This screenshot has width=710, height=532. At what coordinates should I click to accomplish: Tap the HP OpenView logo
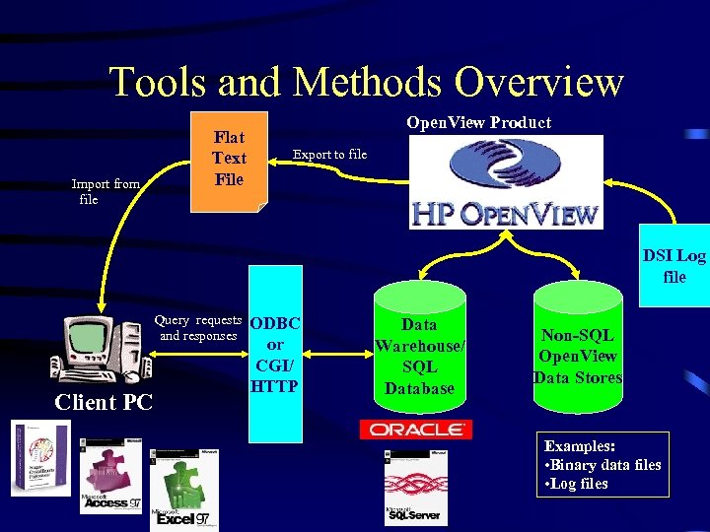(x=505, y=182)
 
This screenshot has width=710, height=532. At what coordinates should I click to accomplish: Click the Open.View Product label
(x=479, y=122)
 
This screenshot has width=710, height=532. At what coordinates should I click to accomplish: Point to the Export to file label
(x=329, y=155)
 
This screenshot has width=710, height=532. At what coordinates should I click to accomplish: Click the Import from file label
(x=105, y=191)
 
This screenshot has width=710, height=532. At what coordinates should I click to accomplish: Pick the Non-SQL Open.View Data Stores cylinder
(x=577, y=356)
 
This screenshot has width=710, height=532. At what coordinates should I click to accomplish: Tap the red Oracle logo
(x=415, y=430)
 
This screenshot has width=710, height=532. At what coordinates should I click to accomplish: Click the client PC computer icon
(x=99, y=349)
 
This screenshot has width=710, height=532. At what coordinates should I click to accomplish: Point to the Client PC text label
(x=104, y=402)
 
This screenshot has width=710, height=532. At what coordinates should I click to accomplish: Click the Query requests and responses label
(x=198, y=328)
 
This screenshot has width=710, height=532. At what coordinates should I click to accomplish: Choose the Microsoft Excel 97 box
(x=183, y=491)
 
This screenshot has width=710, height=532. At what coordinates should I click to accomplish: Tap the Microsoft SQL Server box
(x=415, y=488)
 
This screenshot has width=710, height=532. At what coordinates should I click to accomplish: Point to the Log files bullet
(x=581, y=484)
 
